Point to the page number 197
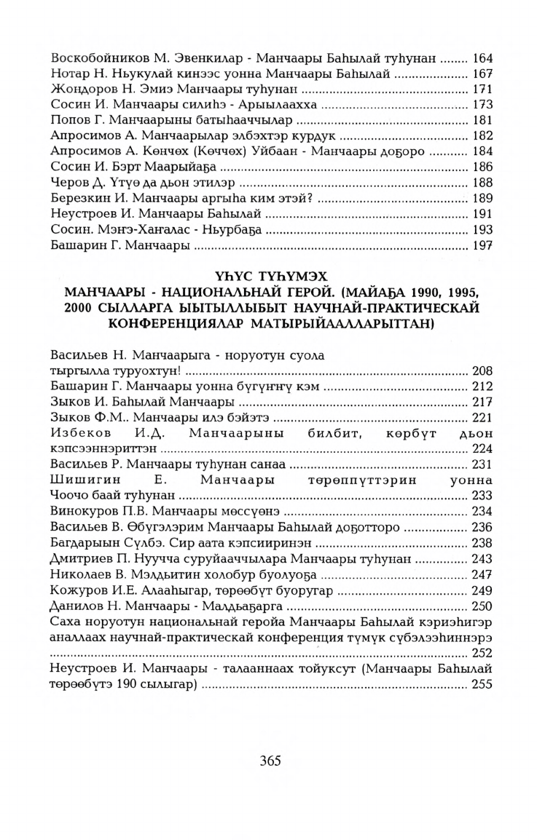pos(483,246)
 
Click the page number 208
pos(483,371)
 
